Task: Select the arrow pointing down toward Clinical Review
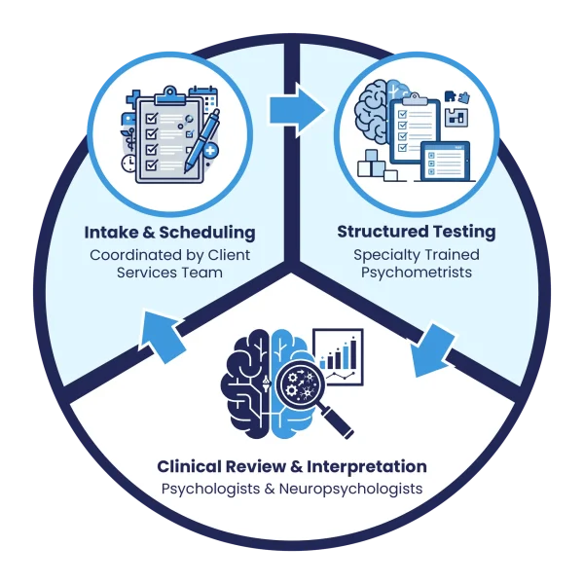(x=432, y=350)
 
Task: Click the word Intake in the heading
(x=111, y=233)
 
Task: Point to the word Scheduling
(x=207, y=234)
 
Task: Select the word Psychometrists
(x=417, y=273)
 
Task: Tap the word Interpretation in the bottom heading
(x=367, y=467)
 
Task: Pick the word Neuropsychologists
(x=350, y=489)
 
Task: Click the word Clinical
(x=189, y=466)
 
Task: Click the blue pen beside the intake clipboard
(x=201, y=141)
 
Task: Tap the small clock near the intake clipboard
(x=129, y=164)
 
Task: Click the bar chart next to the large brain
(x=339, y=357)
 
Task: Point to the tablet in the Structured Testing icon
(x=446, y=162)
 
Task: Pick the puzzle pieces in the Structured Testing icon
(x=457, y=96)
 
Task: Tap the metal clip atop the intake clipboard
(x=170, y=95)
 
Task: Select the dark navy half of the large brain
(x=245, y=383)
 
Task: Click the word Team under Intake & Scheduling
(x=206, y=273)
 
